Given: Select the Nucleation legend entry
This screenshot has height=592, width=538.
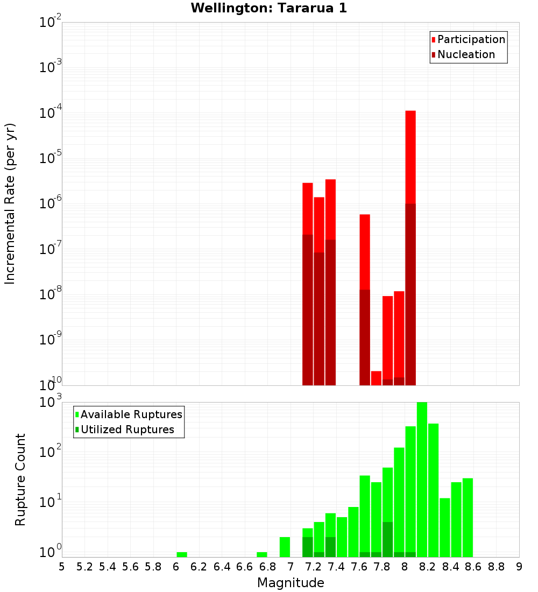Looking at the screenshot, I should (x=465, y=54).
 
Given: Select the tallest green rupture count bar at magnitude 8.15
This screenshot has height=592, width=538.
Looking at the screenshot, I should (x=422, y=479).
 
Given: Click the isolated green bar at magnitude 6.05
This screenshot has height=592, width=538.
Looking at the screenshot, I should (x=182, y=554).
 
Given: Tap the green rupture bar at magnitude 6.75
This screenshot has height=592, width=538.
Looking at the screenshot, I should (x=262, y=554).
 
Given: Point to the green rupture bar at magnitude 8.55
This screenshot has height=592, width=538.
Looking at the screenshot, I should (x=468, y=517).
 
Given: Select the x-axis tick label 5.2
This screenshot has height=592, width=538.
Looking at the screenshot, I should (x=84, y=567).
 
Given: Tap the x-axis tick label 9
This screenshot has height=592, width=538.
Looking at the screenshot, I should (x=519, y=567).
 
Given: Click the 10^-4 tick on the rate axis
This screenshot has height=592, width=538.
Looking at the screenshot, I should (x=51, y=113).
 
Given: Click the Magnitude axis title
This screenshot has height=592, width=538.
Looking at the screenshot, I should (x=291, y=583).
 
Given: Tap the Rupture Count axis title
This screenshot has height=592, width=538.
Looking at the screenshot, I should (x=20, y=480).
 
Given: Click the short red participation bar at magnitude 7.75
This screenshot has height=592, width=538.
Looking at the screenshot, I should (x=376, y=378).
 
